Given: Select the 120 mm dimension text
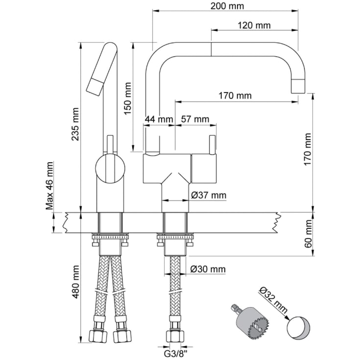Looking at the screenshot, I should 254,25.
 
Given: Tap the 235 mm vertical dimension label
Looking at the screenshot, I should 75,124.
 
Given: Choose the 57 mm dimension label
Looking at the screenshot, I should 194,119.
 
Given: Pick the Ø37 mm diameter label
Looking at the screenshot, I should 209,195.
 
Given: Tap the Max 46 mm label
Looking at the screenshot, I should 50,186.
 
